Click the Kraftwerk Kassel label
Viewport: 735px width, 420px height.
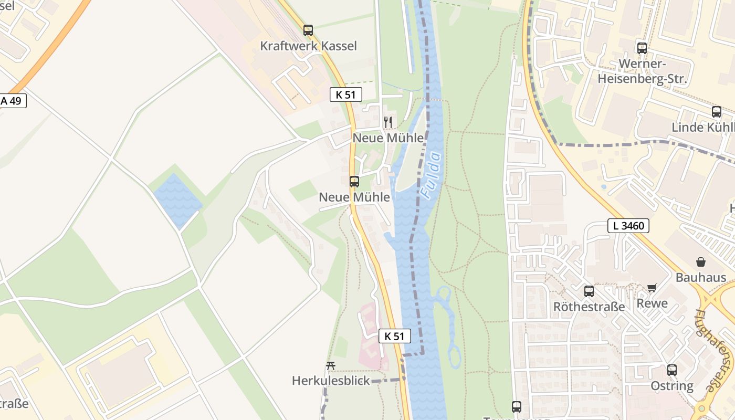point(308,46)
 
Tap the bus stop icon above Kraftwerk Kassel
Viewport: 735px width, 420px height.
point(308,30)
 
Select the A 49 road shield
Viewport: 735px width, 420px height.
point(12,101)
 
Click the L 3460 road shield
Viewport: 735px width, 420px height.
point(628,226)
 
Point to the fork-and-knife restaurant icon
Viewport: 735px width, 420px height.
point(388,122)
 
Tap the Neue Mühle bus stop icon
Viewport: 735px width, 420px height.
point(354,182)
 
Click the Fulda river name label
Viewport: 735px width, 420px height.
point(432,175)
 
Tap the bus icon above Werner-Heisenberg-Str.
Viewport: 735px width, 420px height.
point(642,48)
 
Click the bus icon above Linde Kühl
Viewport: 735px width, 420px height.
point(717,111)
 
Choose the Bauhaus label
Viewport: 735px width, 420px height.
point(700,278)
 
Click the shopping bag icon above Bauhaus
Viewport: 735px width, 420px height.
point(701,261)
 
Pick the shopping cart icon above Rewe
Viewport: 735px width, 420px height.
point(652,288)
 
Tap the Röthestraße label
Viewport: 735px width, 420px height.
point(589,307)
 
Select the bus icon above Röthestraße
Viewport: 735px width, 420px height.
point(589,291)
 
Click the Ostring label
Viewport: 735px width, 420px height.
point(672,386)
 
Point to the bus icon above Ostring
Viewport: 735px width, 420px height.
point(672,370)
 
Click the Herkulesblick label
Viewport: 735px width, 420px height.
point(331,381)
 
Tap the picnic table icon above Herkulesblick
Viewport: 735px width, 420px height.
point(331,365)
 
